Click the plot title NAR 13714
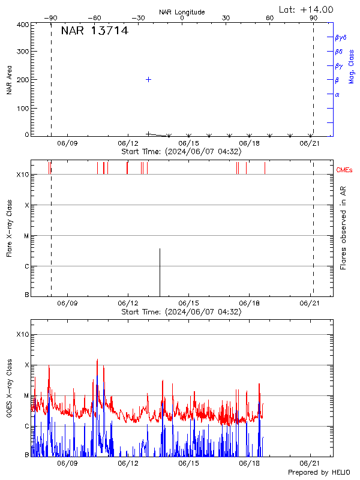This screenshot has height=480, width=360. coord(94,31)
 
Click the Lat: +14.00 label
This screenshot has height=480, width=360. coord(307,10)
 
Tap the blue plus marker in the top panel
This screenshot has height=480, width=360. coord(148,79)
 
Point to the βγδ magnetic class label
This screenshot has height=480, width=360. coord(340,37)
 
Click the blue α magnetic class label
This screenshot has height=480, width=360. coord(337,94)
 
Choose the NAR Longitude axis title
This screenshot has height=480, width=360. coord(182,12)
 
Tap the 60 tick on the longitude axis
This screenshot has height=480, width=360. coord(270,18)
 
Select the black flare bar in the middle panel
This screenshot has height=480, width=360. coord(160,271)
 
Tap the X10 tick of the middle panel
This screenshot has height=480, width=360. coord(23,175)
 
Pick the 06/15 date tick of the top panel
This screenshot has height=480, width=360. coord(188,143)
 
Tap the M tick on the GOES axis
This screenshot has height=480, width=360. coord(26,395)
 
